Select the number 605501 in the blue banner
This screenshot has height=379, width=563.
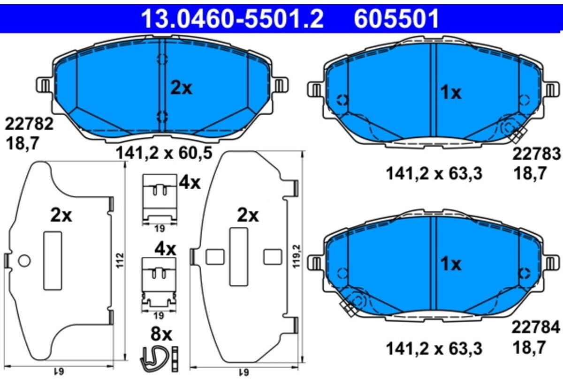(396, 18)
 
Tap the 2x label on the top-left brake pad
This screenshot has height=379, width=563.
(181, 88)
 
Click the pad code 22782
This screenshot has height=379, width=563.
(29, 124)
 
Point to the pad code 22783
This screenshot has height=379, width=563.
(536, 154)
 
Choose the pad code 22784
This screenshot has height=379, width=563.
(536, 327)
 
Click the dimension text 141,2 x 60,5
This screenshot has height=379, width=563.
(164, 153)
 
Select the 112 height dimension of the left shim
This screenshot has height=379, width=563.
(120, 260)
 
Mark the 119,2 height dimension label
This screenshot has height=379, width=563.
(297, 257)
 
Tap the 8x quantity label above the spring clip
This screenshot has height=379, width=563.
(161, 334)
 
